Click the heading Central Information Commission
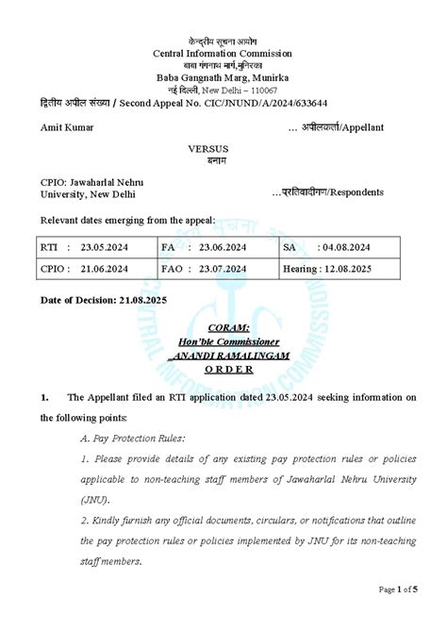point(223,53)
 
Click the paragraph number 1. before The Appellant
point(44,397)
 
